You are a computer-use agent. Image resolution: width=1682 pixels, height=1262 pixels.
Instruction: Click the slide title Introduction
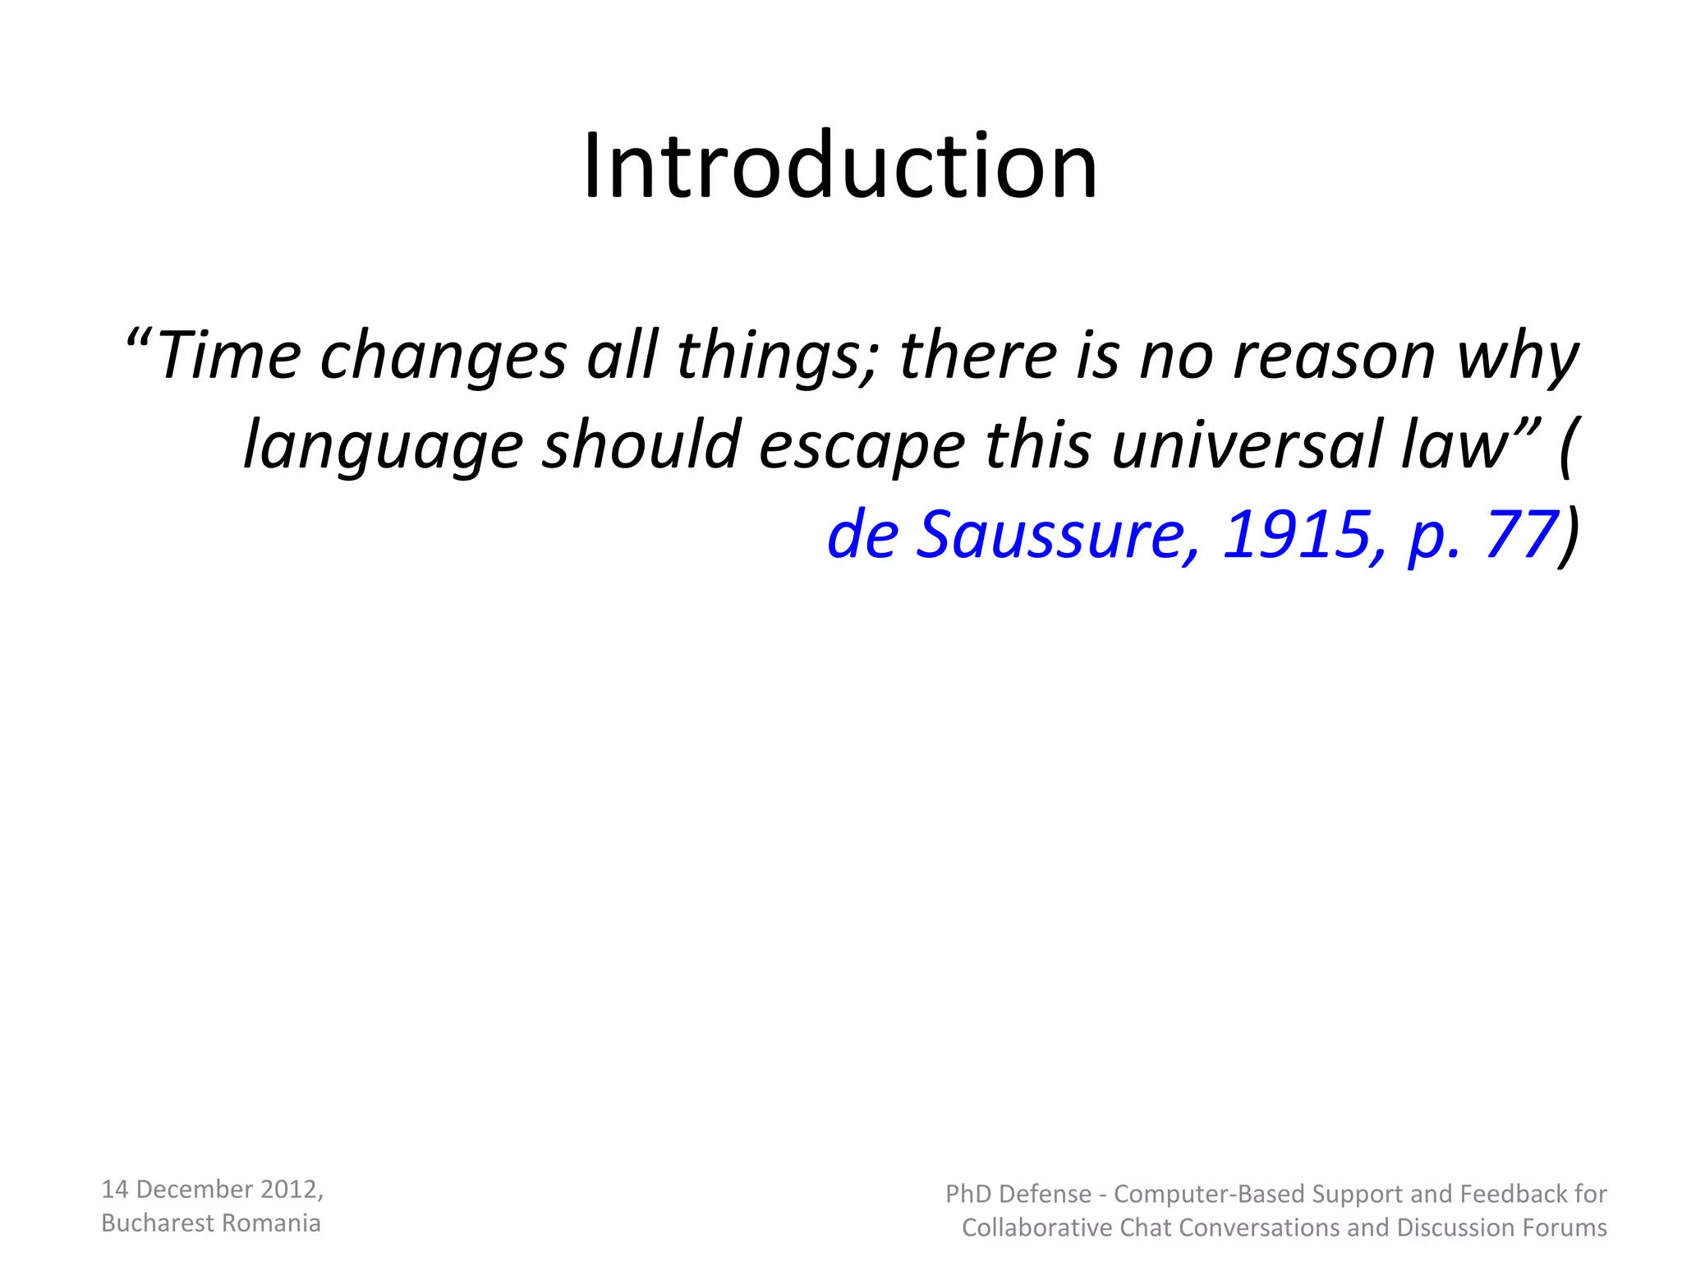840,166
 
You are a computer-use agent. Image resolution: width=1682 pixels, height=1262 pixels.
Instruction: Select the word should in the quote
641,444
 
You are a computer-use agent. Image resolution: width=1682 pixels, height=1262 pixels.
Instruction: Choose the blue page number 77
1520,534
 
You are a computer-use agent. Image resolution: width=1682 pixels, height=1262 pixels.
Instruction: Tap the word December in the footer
194,1189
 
